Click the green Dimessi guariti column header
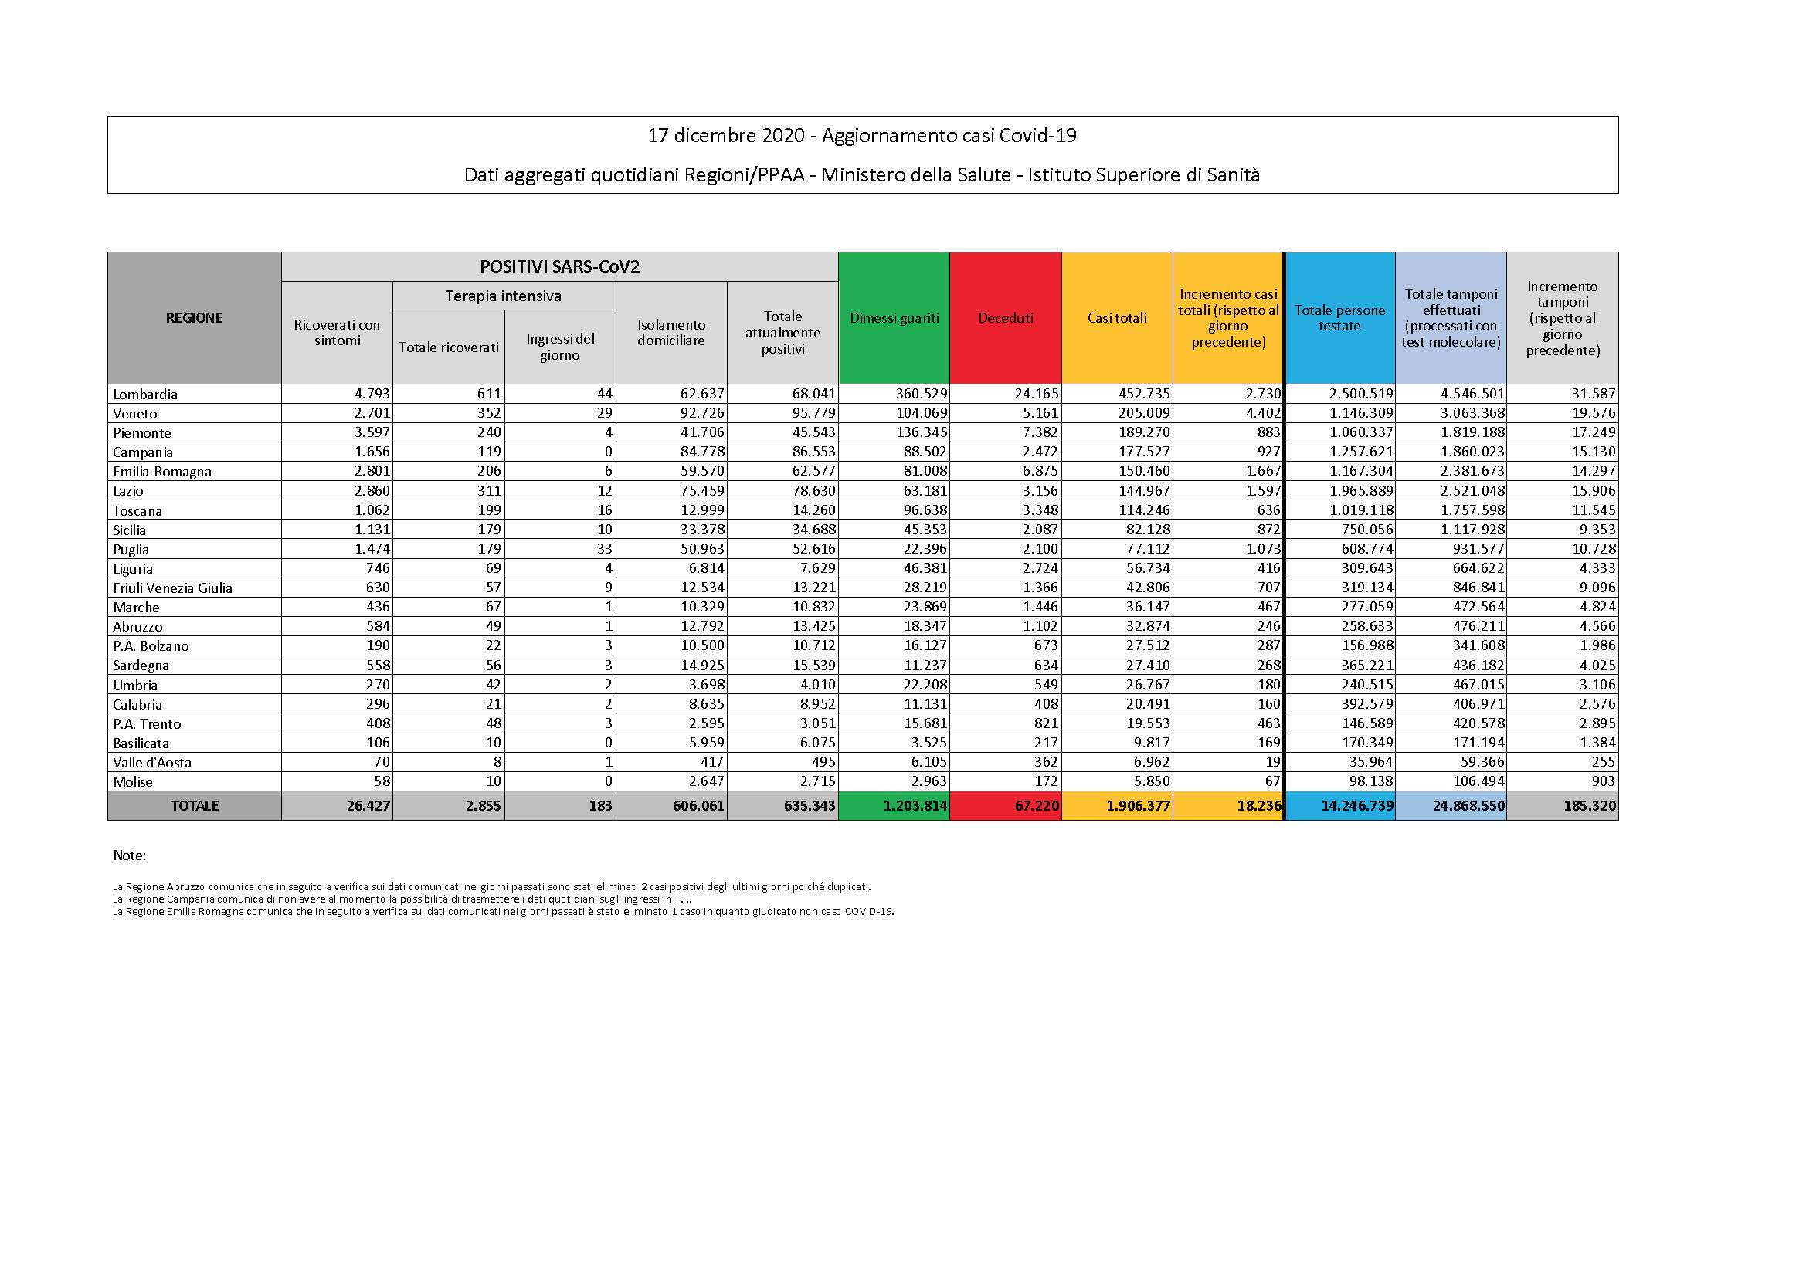(x=895, y=318)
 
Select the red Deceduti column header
(x=1005, y=318)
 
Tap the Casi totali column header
(x=1117, y=318)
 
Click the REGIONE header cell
(x=195, y=317)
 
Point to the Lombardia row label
(x=145, y=394)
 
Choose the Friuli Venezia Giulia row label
(x=172, y=588)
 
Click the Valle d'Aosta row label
(x=152, y=762)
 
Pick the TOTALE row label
(x=195, y=806)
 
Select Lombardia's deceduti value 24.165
(x=1036, y=394)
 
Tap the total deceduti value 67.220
(x=1036, y=806)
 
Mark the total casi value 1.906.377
(x=1137, y=806)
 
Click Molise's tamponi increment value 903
(x=1602, y=781)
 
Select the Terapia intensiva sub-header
(x=504, y=296)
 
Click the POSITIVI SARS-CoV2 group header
(x=559, y=266)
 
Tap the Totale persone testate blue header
(x=1339, y=318)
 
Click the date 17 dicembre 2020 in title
(x=725, y=136)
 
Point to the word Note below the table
(x=129, y=855)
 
